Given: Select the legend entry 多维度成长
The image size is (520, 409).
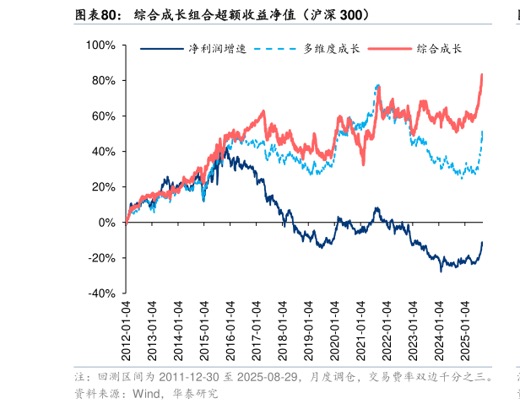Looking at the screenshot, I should [331, 49].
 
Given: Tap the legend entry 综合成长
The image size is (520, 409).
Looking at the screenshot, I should [439, 49].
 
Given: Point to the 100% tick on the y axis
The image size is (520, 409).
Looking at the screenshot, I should [101, 45].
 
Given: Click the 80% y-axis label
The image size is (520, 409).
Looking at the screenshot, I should [105, 81].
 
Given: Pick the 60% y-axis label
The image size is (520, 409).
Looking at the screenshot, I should [105, 116].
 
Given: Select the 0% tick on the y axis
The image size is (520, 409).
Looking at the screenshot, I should [107, 223].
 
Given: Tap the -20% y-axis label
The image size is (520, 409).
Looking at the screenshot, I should [103, 258].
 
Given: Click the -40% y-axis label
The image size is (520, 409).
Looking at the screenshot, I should [103, 293].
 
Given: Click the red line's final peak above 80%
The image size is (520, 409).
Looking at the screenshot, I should [482, 75].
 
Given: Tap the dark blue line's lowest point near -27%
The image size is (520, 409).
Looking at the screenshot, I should [441, 271].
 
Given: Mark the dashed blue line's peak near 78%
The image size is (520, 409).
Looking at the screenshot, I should [377, 85].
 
